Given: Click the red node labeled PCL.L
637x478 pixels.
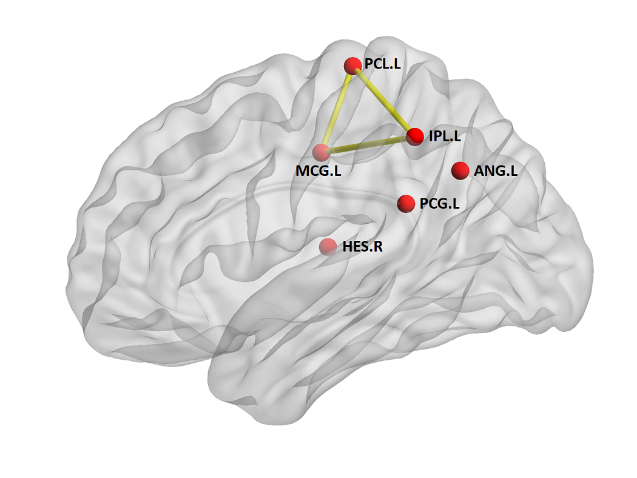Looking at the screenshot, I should (x=352, y=66).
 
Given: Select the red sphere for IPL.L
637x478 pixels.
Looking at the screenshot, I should (x=415, y=136).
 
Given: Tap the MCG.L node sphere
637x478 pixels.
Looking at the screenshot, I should (x=321, y=153).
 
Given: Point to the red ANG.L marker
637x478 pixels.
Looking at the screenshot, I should (x=461, y=171).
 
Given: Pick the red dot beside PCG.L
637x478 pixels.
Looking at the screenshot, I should (x=406, y=204).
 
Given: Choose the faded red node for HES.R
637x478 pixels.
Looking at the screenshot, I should (x=328, y=247).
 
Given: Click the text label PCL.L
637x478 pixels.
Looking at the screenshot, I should (x=382, y=64).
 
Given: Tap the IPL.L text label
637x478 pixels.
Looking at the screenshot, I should (x=445, y=136).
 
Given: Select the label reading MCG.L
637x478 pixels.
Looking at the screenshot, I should (x=318, y=172).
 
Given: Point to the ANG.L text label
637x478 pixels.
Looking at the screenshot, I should (x=496, y=171).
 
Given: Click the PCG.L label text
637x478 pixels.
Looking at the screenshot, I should (x=439, y=204).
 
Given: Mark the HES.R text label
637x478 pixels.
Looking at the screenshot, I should (x=363, y=247).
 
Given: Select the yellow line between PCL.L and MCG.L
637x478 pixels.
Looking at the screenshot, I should (x=337, y=110).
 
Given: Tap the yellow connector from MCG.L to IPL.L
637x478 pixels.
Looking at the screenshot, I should (x=368, y=145).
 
